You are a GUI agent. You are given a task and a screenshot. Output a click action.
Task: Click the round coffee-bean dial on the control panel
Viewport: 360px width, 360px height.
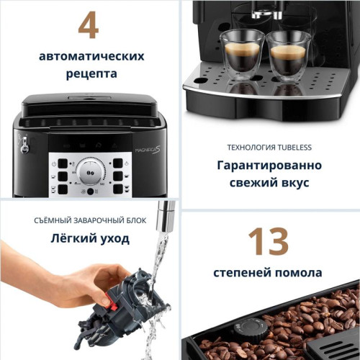coord(90,173)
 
